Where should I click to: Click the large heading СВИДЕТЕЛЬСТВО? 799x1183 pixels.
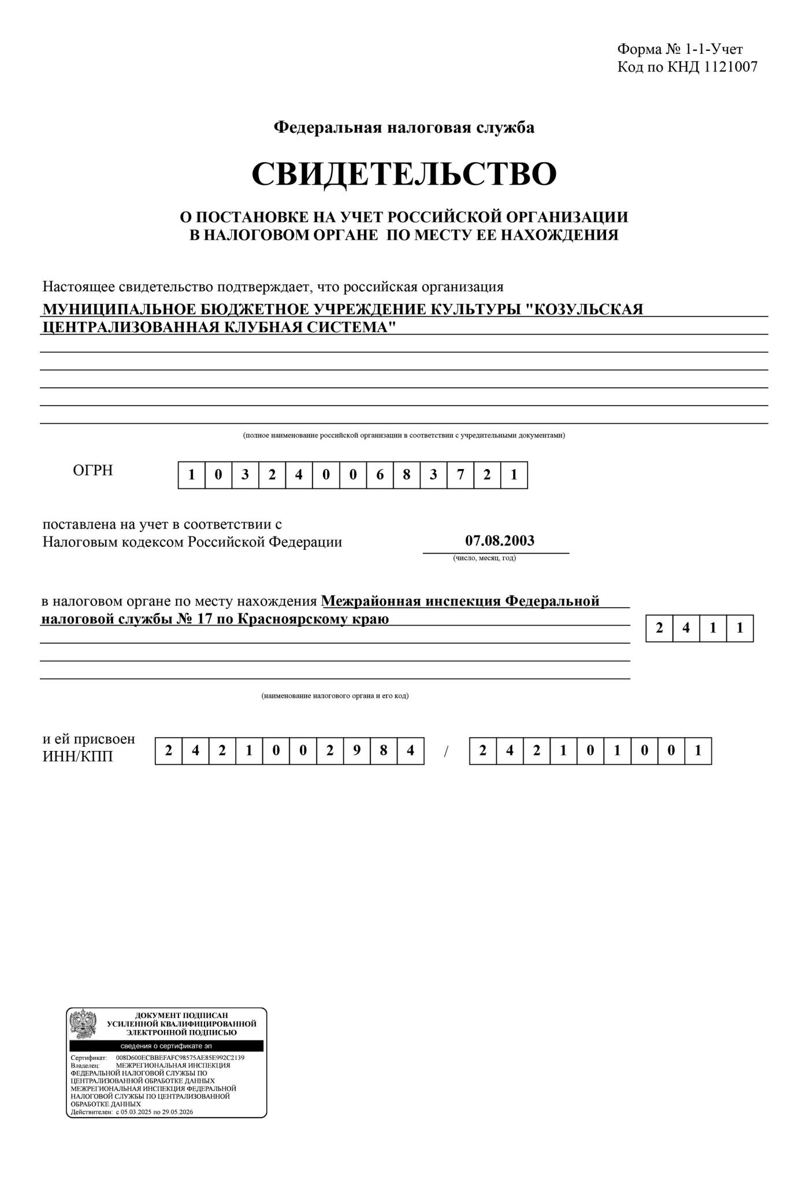404,173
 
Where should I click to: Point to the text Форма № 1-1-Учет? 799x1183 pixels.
680,49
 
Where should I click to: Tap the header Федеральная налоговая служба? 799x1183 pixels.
404,127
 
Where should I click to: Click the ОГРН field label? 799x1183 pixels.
92,470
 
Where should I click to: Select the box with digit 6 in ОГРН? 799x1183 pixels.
380,475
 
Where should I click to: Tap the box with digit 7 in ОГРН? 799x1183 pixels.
460,475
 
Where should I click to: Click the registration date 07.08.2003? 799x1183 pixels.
500,541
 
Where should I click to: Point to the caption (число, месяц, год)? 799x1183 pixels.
484,558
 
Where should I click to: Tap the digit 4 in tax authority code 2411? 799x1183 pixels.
686,628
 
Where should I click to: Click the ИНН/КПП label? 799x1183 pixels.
77,756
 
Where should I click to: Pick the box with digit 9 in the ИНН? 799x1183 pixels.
357,751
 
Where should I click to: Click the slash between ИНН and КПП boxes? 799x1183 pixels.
446,752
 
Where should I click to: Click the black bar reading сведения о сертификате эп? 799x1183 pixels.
166,1046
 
